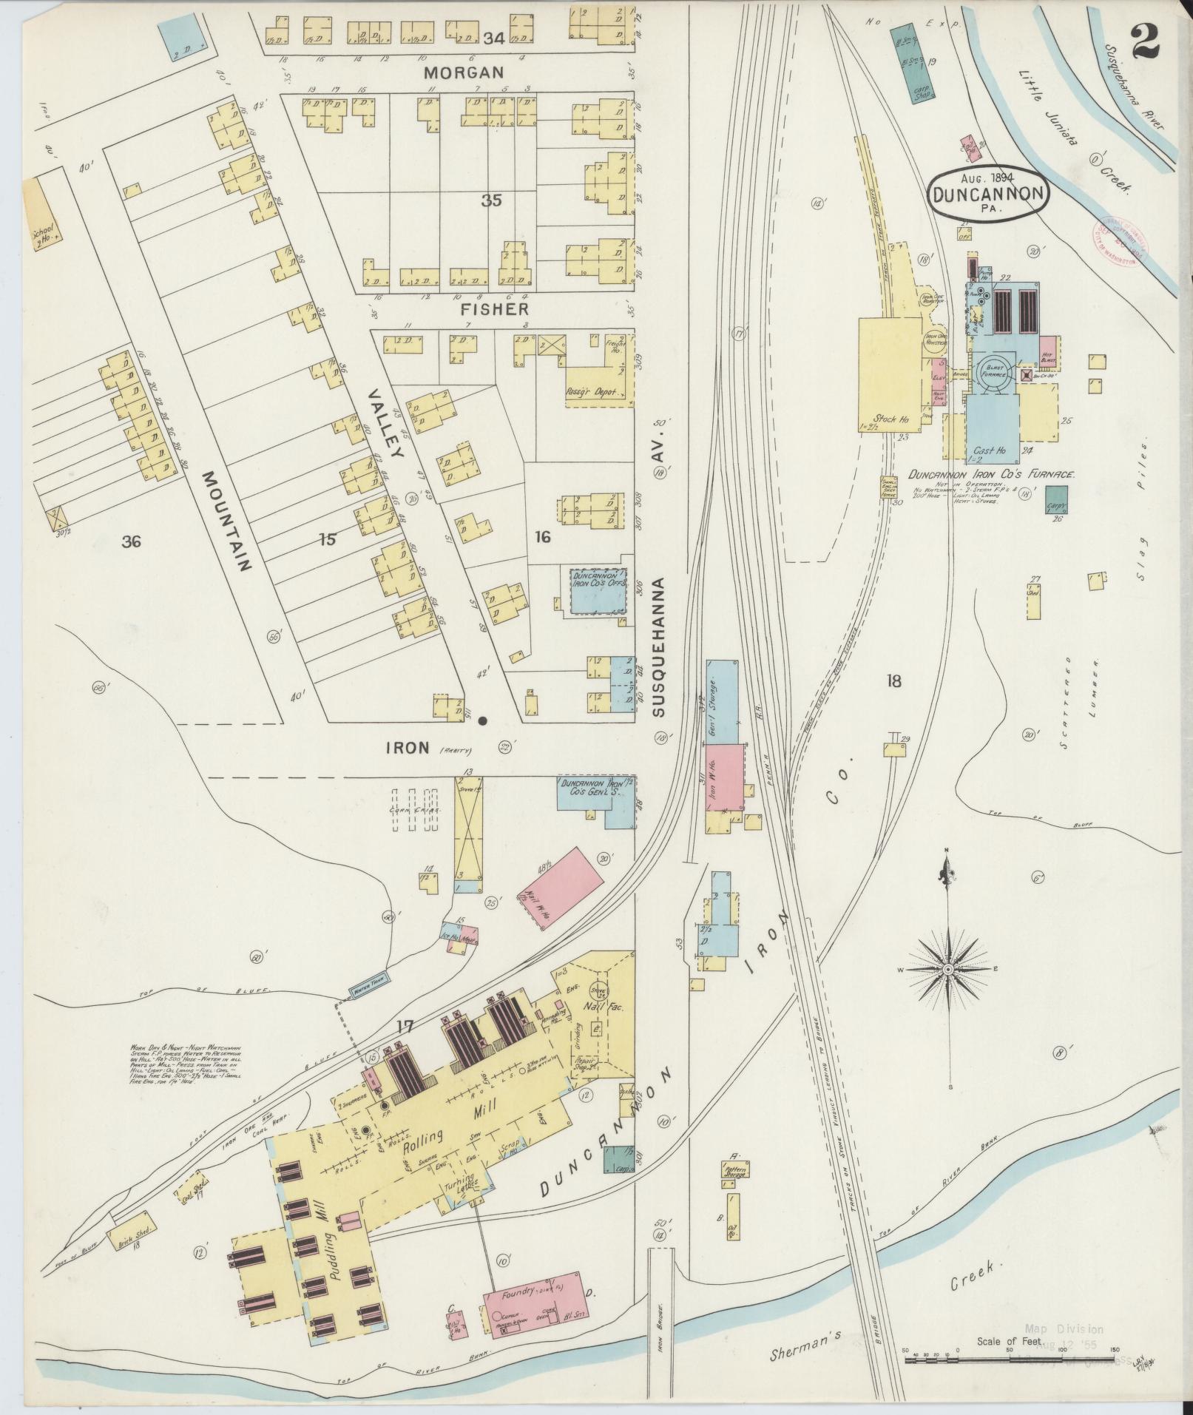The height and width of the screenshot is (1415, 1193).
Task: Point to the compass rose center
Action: click(x=947, y=969)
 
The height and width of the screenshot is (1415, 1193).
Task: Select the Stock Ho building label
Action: click(x=890, y=419)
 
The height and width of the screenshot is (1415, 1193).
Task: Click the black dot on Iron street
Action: click(x=483, y=720)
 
